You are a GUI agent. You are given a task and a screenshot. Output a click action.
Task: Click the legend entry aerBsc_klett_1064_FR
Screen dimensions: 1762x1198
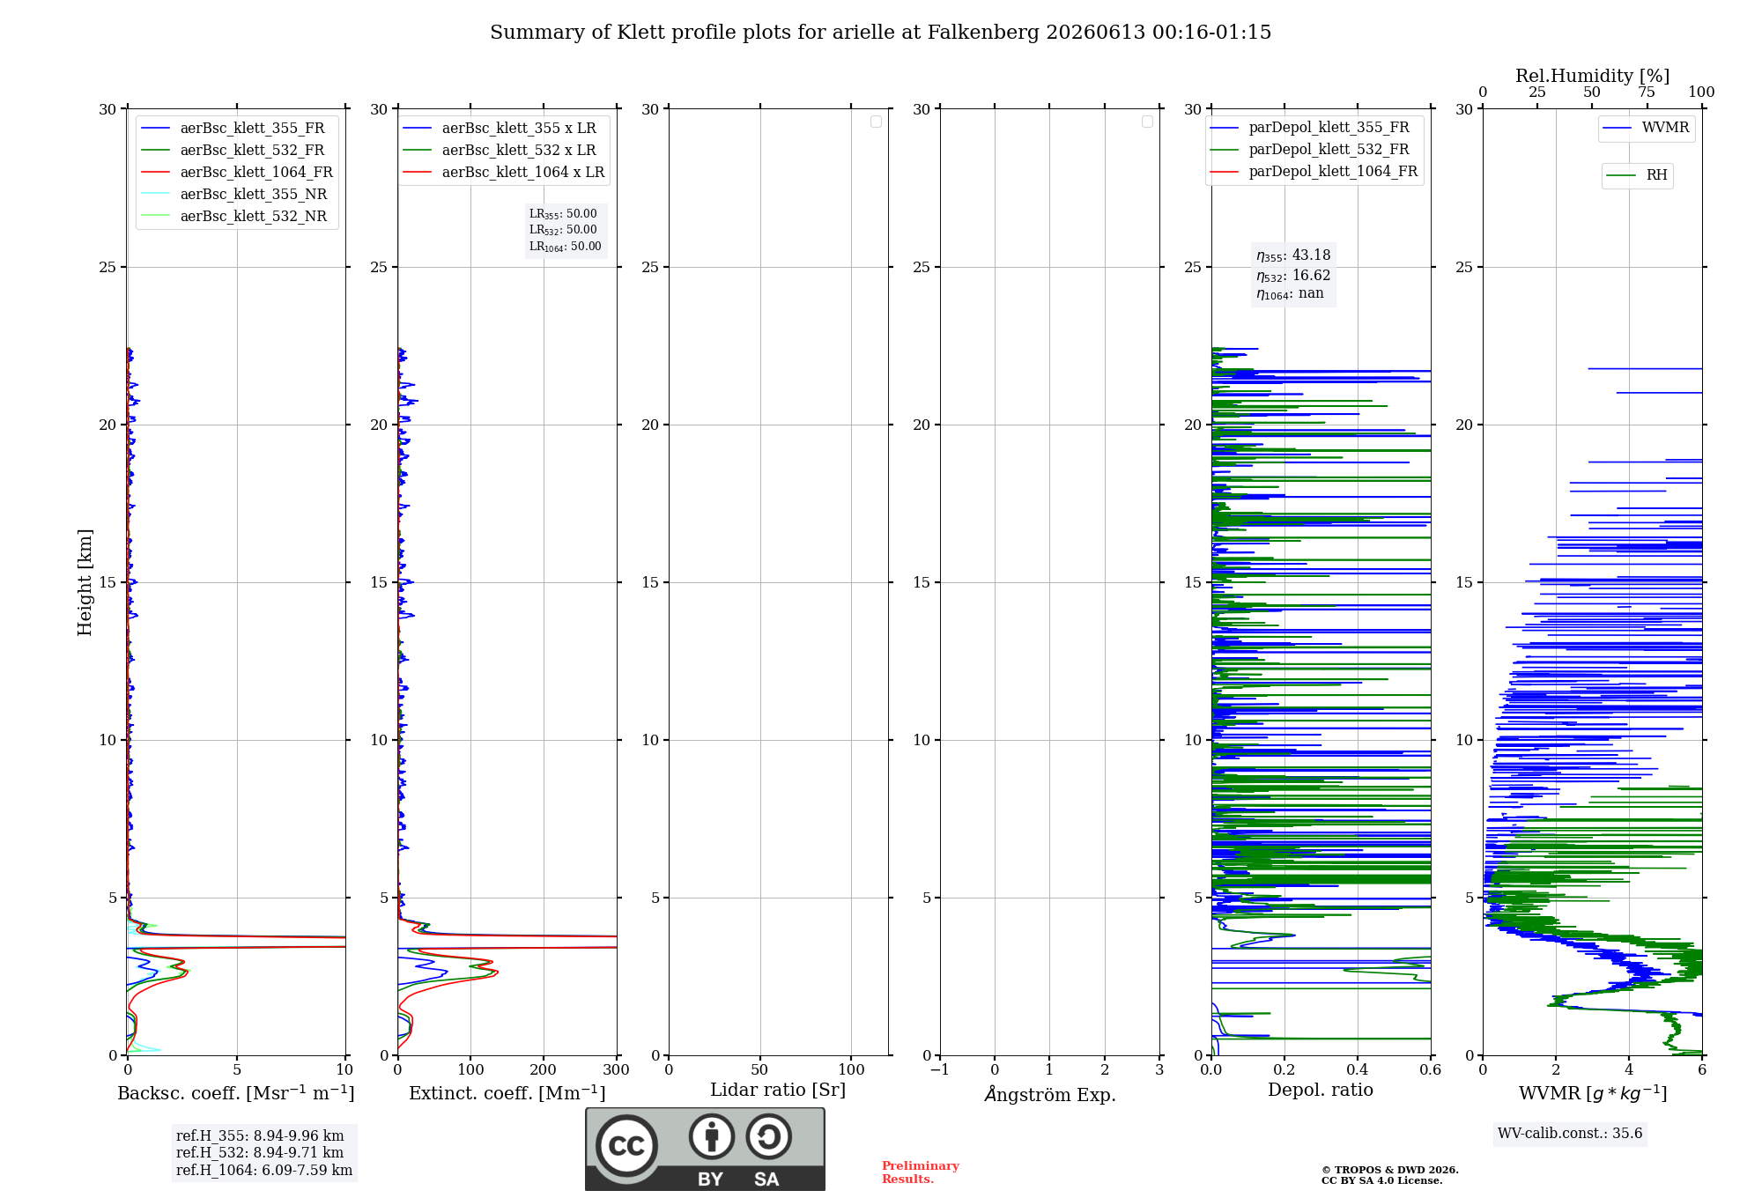coord(237,173)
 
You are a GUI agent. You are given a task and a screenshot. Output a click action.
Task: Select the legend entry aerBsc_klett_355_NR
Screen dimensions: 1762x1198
coord(234,195)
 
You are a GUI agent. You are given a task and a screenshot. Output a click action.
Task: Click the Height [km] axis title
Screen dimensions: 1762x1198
coord(85,582)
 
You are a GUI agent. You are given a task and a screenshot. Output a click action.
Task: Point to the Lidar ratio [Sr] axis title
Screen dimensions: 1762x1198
coord(778,1091)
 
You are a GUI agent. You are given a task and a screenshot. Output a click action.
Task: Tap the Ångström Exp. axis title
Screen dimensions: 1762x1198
coord(1050,1094)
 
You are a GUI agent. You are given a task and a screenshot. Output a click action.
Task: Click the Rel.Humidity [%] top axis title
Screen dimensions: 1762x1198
coord(1592,76)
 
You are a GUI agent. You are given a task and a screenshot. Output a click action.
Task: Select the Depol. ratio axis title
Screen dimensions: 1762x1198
coord(1321,1091)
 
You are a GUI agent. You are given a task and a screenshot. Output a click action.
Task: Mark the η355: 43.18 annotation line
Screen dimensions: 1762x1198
coord(1293,255)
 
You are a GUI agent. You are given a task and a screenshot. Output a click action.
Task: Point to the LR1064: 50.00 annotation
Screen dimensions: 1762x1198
coord(565,247)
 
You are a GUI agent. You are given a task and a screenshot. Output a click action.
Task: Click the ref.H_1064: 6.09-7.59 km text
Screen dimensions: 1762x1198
coord(264,1171)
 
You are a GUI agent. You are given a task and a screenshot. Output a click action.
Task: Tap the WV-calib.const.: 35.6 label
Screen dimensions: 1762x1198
coord(1570,1134)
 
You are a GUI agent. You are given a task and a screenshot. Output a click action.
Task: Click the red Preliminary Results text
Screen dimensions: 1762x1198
coord(921,1172)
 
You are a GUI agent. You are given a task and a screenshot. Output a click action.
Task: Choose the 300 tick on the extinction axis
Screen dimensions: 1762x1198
coord(617,1070)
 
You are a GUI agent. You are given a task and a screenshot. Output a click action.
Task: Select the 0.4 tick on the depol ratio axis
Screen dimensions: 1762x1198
coord(1358,1070)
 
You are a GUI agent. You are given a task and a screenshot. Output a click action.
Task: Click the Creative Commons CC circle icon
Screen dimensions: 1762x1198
coord(626,1146)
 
